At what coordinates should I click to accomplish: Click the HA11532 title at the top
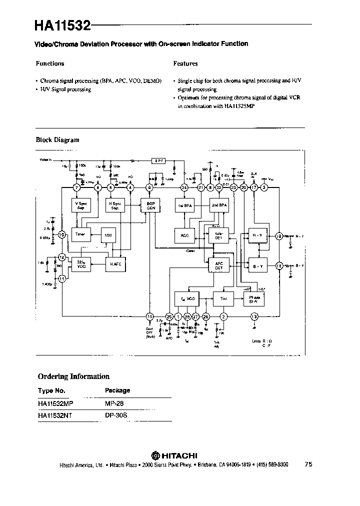(x=62, y=24)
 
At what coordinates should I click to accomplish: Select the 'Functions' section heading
(x=50, y=63)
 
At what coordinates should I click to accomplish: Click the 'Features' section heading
(x=185, y=63)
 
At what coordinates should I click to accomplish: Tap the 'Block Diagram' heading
(x=57, y=140)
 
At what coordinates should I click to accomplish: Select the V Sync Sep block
(x=81, y=205)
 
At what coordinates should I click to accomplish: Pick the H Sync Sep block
(x=115, y=205)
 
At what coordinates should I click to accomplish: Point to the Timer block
(x=80, y=234)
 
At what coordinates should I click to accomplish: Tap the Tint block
(x=222, y=298)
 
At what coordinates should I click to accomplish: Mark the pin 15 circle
(x=149, y=316)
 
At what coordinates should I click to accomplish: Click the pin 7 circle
(x=76, y=187)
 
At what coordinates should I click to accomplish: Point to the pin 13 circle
(x=254, y=316)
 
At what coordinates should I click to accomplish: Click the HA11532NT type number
(x=55, y=414)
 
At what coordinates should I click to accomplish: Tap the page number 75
(x=308, y=464)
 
